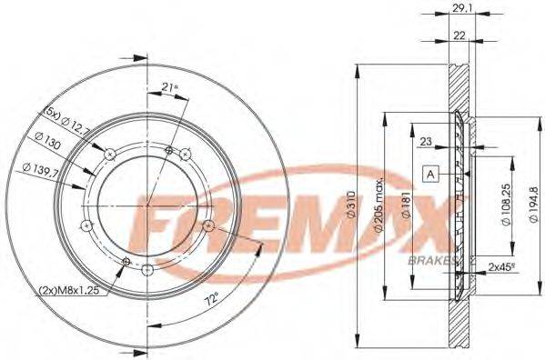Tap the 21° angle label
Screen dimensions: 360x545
pyautogui.click(x=167, y=86)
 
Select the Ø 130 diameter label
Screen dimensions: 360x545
pyautogui.click(x=51, y=144)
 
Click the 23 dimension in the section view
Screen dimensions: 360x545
pyautogui.click(x=427, y=141)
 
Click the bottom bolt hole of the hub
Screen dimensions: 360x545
pyautogui.click(x=147, y=267)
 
